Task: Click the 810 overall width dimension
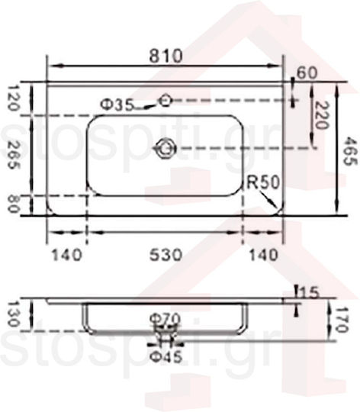166,56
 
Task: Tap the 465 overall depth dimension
350,151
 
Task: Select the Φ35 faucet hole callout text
117,105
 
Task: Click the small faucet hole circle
166,100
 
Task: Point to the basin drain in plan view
165,149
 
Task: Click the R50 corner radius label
263,182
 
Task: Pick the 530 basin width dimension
166,255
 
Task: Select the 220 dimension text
321,115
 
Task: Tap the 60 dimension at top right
307,72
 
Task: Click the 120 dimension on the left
12,98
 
